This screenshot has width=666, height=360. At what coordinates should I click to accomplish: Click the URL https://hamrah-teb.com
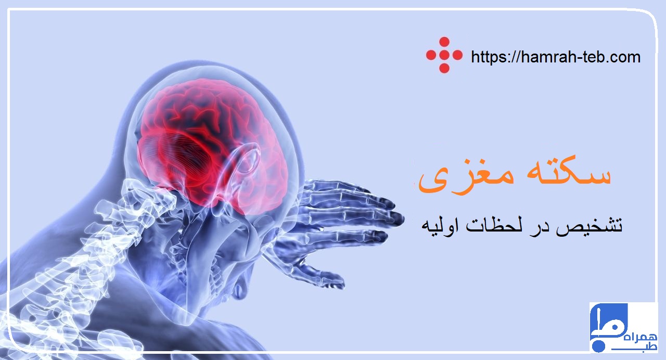(555, 57)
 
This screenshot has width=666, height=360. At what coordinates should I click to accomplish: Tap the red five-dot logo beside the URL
(444, 55)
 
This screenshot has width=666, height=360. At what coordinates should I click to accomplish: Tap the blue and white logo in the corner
(623, 328)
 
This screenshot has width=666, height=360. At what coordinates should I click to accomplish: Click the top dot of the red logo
(444, 42)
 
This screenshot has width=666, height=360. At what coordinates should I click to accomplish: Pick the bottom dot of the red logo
(444, 68)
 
